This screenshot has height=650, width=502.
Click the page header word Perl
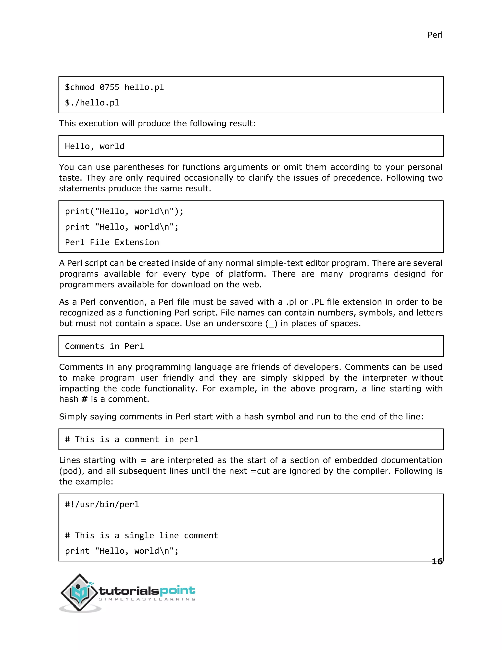[435, 35]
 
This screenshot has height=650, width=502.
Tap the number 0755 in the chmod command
[109, 87]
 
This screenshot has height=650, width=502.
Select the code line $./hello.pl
[92, 103]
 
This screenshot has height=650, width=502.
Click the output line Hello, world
[95, 146]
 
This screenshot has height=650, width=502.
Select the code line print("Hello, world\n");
[124, 211]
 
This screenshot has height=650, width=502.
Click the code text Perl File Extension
[112, 242]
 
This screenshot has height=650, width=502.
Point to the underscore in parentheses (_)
[271, 324]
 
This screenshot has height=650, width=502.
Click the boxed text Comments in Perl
[104, 346]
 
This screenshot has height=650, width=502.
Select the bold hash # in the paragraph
[85, 399]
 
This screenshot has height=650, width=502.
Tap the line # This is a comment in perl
[131, 439]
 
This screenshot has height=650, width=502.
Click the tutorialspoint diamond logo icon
[79, 593]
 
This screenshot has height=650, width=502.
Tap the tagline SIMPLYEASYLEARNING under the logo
[147, 599]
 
